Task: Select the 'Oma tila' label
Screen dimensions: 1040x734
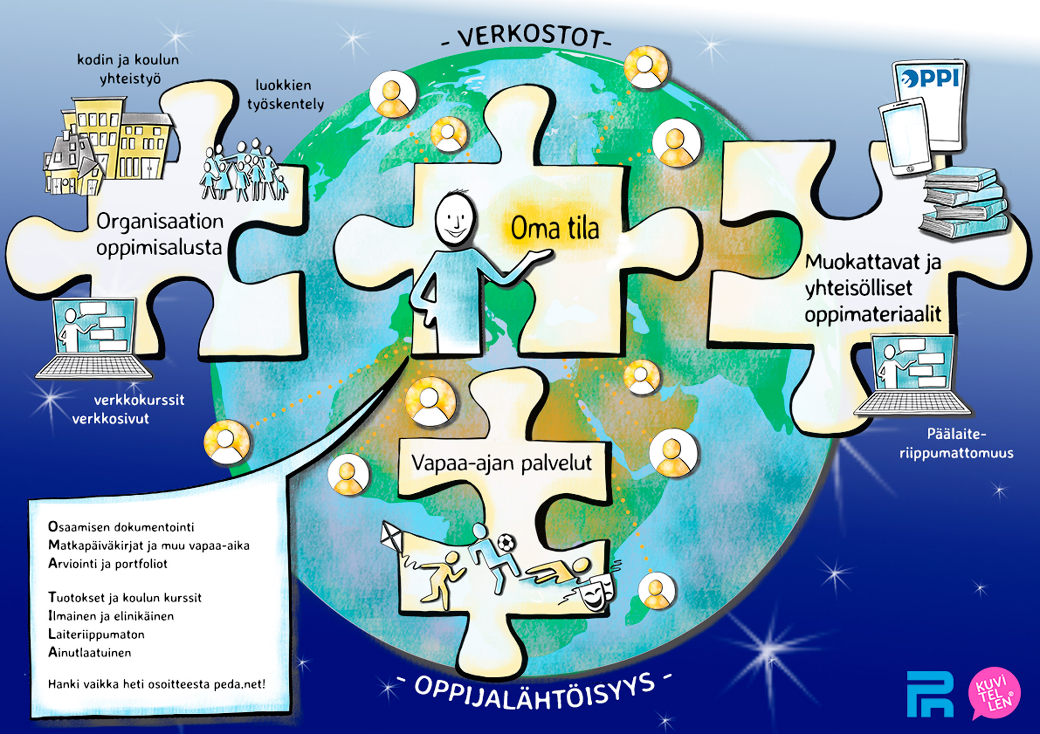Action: tap(555, 229)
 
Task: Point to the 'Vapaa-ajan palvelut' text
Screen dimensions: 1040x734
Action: tap(502, 463)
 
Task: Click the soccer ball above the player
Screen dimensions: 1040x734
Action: tap(506, 543)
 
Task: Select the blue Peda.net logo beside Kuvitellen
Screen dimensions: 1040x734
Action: tap(930, 694)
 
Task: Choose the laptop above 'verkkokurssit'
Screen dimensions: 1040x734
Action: tap(94, 338)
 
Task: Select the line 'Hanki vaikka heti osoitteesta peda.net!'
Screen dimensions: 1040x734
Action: tap(157, 684)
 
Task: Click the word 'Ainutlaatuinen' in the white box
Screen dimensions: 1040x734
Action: tap(89, 652)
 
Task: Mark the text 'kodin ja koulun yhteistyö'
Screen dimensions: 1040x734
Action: tap(128, 69)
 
